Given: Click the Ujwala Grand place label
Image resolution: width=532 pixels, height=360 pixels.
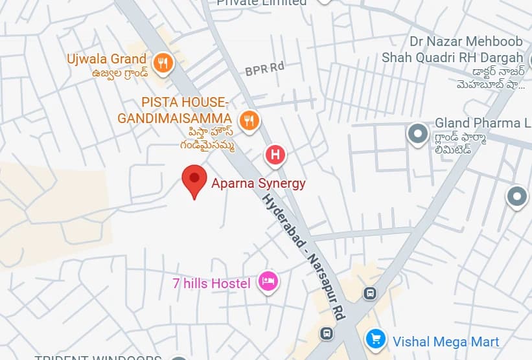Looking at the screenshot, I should pyautogui.click(x=107, y=59).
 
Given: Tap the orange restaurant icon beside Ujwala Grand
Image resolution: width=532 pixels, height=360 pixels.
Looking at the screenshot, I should pyautogui.click(x=162, y=63).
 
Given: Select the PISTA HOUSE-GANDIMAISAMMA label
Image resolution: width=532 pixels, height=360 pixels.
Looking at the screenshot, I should pyautogui.click(x=174, y=111).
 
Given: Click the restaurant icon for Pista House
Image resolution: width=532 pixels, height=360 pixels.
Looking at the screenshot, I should pyautogui.click(x=249, y=120).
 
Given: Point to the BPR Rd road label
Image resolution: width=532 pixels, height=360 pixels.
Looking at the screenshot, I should pyautogui.click(x=265, y=68).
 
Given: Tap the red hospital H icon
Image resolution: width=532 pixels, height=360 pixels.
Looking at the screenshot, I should pyautogui.click(x=275, y=155).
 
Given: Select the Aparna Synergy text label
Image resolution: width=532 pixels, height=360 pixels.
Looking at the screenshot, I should pyautogui.click(x=258, y=183).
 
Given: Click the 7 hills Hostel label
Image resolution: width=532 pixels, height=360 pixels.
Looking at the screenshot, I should pyautogui.click(x=211, y=284).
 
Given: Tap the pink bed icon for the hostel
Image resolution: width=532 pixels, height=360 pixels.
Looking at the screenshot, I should pyautogui.click(x=268, y=281).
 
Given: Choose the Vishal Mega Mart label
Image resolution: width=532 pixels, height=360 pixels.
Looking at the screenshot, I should pyautogui.click(x=446, y=341).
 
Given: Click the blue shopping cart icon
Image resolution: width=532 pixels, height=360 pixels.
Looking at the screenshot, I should pyautogui.click(x=375, y=338).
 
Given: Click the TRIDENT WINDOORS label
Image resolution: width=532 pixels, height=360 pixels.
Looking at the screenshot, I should pyautogui.click(x=97, y=357).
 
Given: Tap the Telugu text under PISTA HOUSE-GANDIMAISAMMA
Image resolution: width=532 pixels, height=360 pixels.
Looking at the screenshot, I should pyautogui.click(x=207, y=139).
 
